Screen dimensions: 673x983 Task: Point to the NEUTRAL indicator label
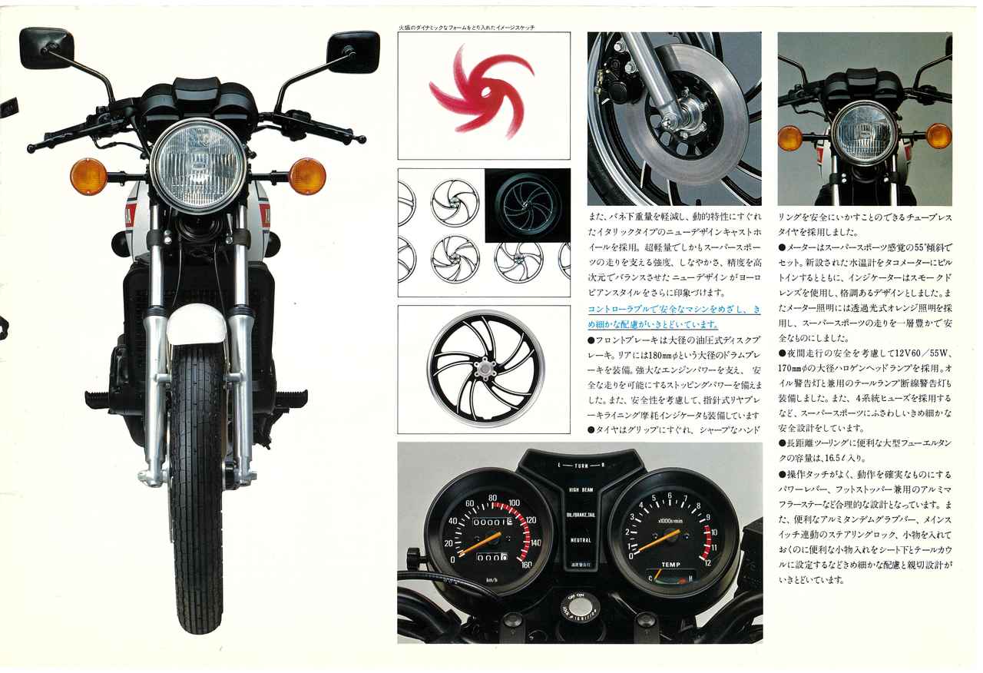tap(581, 540)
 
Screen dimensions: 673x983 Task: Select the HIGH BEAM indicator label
tap(581, 489)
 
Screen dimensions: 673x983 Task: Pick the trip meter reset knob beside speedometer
tap(412, 553)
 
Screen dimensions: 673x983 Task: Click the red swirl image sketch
tap(482, 91)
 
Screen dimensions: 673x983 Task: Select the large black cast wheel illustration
tap(485, 369)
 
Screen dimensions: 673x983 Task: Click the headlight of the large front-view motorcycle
tap(198, 164)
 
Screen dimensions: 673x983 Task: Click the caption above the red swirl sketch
tap(466, 28)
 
